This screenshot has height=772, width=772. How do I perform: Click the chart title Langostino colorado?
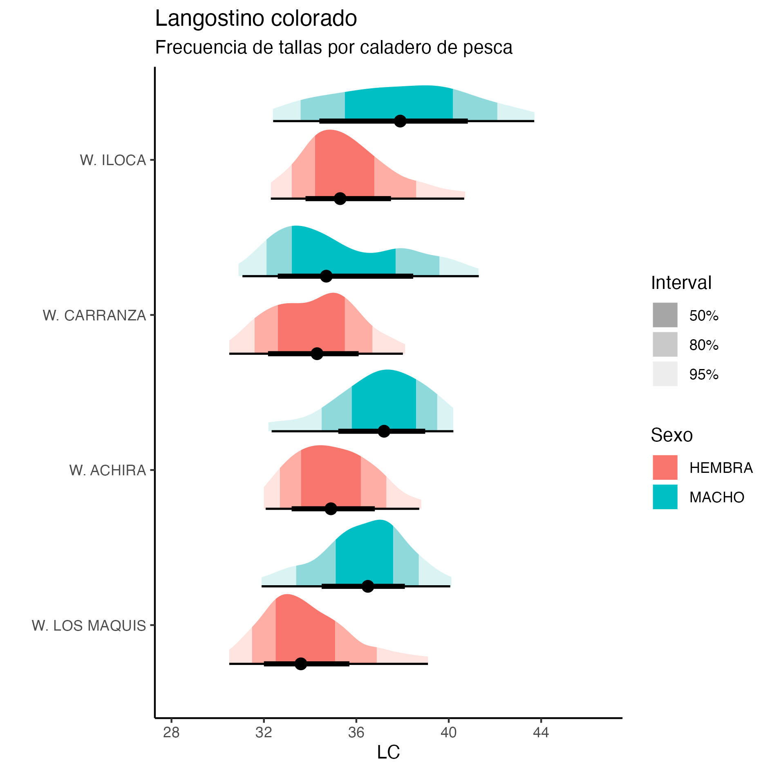(256, 19)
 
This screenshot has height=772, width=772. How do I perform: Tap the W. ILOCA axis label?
(113, 160)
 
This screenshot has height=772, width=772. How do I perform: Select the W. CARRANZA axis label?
(94, 316)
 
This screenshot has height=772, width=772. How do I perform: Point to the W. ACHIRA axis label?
(107, 470)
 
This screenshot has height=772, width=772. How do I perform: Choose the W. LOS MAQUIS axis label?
(89, 626)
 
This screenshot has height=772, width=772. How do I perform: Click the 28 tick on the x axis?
(171, 733)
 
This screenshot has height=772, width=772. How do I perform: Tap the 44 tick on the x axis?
(541, 733)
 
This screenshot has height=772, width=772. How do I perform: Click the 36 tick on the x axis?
(356, 733)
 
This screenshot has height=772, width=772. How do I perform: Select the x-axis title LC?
(388, 752)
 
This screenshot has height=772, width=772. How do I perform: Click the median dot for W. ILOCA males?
(400, 121)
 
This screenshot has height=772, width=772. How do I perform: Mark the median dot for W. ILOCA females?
(340, 199)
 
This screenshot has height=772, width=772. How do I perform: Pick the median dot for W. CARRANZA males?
(326, 276)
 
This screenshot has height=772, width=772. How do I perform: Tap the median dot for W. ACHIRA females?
(331, 509)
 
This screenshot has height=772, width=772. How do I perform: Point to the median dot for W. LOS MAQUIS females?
(301, 664)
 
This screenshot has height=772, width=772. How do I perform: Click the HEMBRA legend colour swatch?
(665, 467)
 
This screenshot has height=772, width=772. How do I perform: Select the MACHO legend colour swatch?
(665, 497)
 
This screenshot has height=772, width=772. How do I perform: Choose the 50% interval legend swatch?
(665, 315)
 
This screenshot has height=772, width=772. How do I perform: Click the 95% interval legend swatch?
(665, 374)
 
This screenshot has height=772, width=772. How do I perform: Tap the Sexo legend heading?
(671, 435)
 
